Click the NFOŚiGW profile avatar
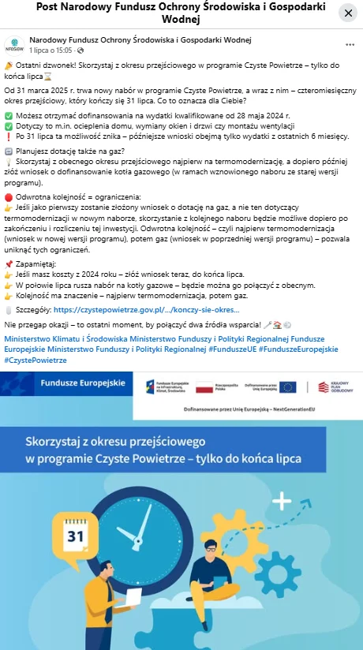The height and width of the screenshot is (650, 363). [x=13, y=44]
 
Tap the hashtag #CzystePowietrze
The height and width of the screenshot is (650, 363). [x=36, y=360]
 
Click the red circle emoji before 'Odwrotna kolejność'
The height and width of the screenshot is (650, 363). [x=8, y=196]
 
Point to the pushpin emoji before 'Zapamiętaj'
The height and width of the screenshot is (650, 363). [x=8, y=263]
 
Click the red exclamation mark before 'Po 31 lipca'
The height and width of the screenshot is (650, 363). [x=8, y=136]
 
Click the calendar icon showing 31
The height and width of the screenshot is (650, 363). [x=76, y=536]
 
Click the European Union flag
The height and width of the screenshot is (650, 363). [x=287, y=387]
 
